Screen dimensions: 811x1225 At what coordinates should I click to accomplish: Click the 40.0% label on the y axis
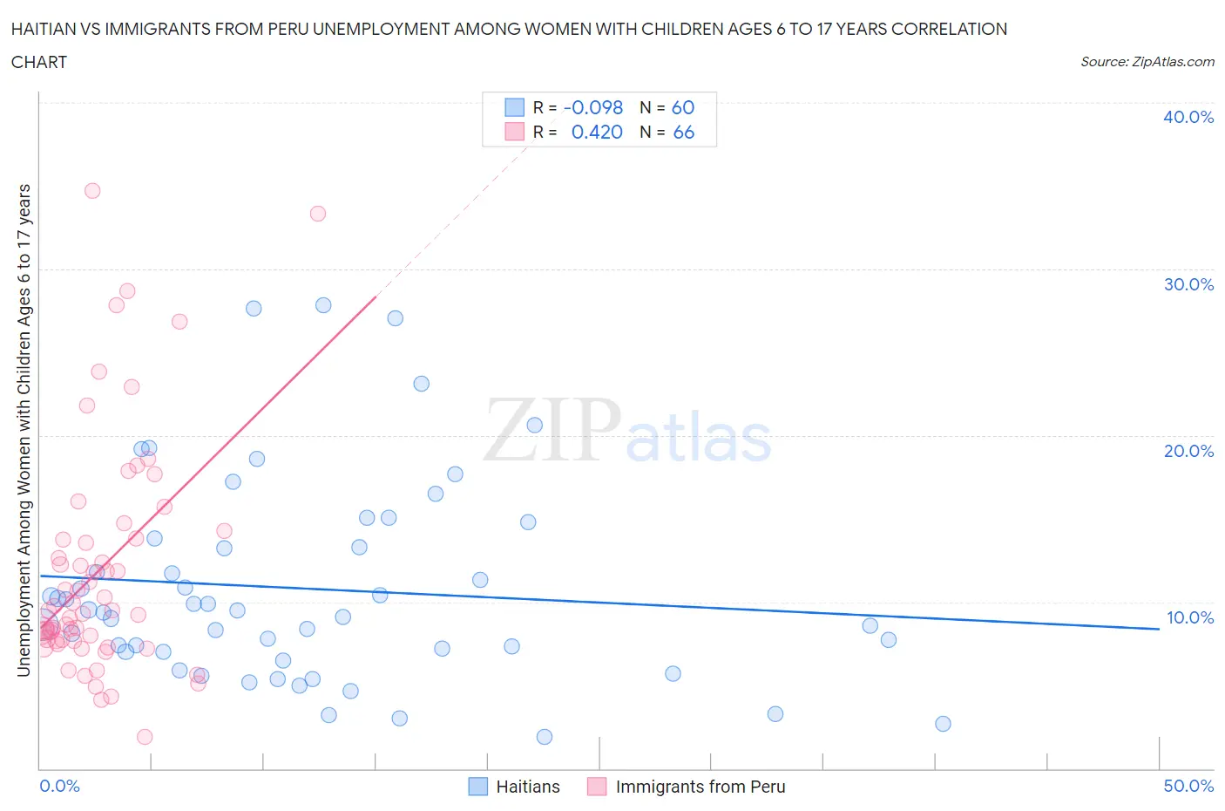[x=1188, y=117]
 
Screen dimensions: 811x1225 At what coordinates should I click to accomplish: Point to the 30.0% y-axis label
[x=1188, y=284]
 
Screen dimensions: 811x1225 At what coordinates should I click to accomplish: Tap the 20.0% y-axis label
[x=1188, y=451]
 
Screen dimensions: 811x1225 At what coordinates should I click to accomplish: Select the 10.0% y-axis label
[x=1190, y=617]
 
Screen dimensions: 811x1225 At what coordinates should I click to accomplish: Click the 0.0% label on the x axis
[x=59, y=786]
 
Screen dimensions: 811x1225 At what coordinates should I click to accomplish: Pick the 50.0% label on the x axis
[x=1188, y=786]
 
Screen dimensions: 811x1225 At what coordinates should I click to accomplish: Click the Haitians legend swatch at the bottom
[x=478, y=787]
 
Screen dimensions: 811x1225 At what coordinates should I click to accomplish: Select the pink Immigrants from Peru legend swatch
[x=597, y=787]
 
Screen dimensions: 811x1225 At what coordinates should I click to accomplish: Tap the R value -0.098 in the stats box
[x=593, y=107]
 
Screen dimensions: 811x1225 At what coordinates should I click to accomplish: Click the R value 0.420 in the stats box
[x=597, y=132]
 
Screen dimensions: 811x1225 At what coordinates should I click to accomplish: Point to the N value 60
[x=682, y=107]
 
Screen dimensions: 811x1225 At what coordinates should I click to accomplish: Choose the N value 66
[x=683, y=132]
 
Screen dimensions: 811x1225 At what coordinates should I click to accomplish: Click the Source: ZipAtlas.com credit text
[x=1147, y=61]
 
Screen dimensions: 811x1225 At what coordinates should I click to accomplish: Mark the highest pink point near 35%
[x=92, y=190]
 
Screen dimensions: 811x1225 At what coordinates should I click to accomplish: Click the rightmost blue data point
[x=943, y=724]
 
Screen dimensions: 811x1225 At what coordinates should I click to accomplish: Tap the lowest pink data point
[x=145, y=737]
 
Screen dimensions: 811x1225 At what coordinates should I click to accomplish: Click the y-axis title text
[x=24, y=430]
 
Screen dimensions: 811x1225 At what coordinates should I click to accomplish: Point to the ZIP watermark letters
[x=552, y=430]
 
